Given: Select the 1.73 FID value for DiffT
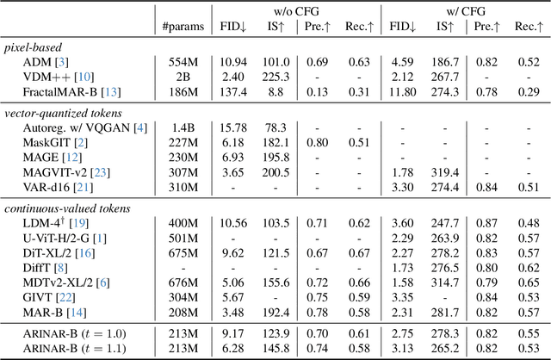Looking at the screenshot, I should pos(401,267).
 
